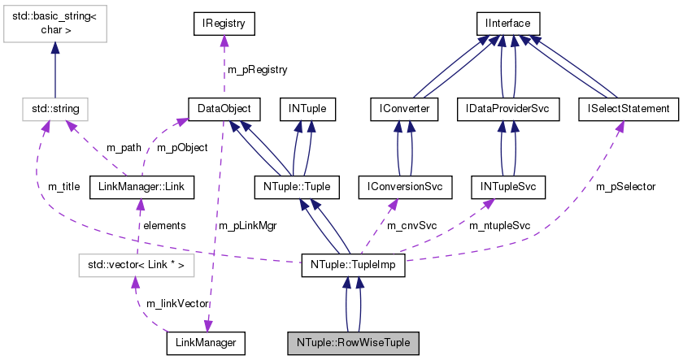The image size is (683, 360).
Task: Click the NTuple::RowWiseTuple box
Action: pos(353,343)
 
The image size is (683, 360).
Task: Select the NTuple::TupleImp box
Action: pos(352,264)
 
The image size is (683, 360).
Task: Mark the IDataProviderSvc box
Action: pos(508,108)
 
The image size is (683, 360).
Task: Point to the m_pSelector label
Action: pos(626,187)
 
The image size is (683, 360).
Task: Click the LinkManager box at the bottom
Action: pos(206,343)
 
